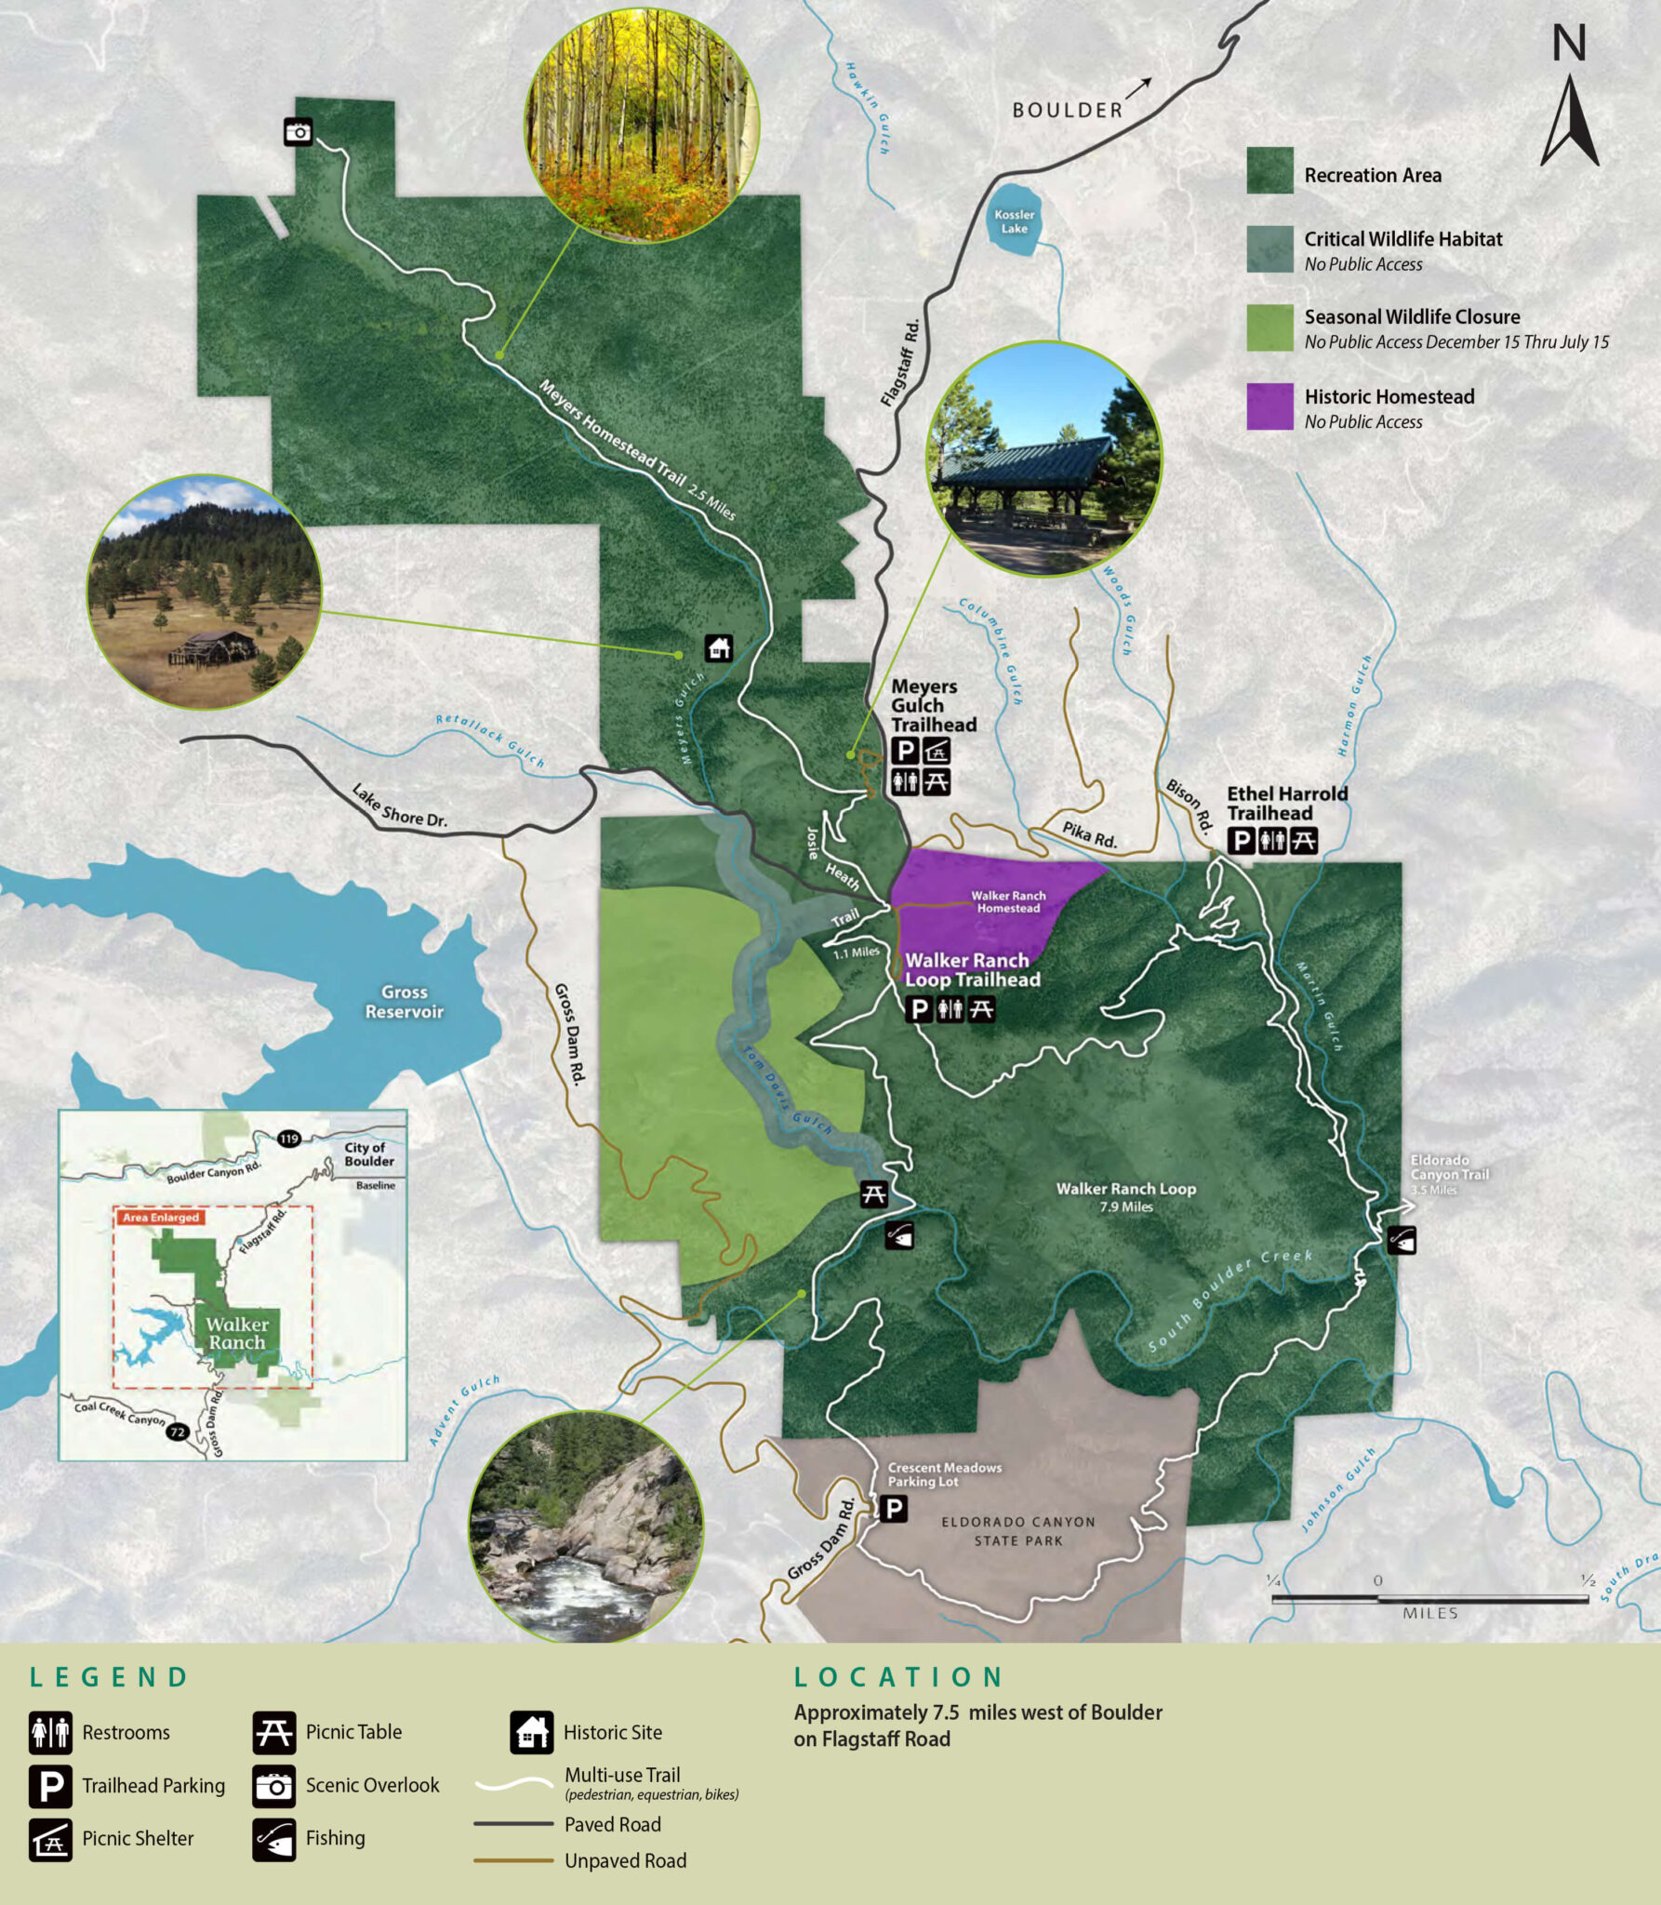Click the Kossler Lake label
1014,221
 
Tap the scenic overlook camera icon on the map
298,132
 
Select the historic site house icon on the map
719,647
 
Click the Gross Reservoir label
404,1002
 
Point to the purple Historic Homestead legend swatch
1269,406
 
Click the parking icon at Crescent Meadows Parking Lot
893,1508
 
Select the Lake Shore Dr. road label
399,806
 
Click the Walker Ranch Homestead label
1008,901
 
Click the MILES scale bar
1429,1599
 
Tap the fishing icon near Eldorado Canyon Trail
1402,1240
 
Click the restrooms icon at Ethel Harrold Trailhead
1272,841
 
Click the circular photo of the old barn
204,593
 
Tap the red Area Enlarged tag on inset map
161,1217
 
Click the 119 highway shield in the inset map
289,1139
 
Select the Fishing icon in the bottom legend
274,1839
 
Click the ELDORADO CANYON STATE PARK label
1017,1531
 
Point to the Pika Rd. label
1089,834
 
